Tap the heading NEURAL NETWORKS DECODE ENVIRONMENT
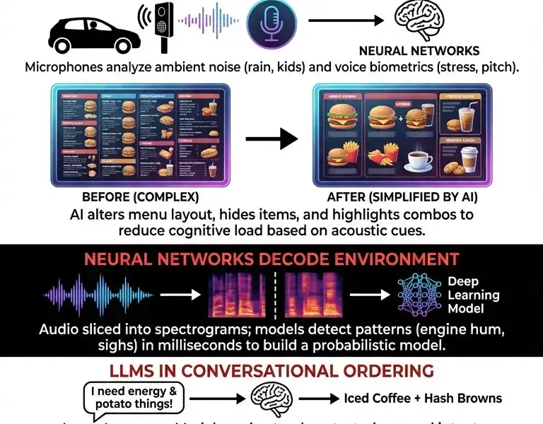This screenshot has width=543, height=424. [271, 259]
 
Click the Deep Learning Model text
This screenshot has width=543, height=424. [473, 295]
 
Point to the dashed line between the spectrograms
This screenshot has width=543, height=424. [276, 295]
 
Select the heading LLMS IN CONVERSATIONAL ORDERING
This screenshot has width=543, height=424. [271, 371]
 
